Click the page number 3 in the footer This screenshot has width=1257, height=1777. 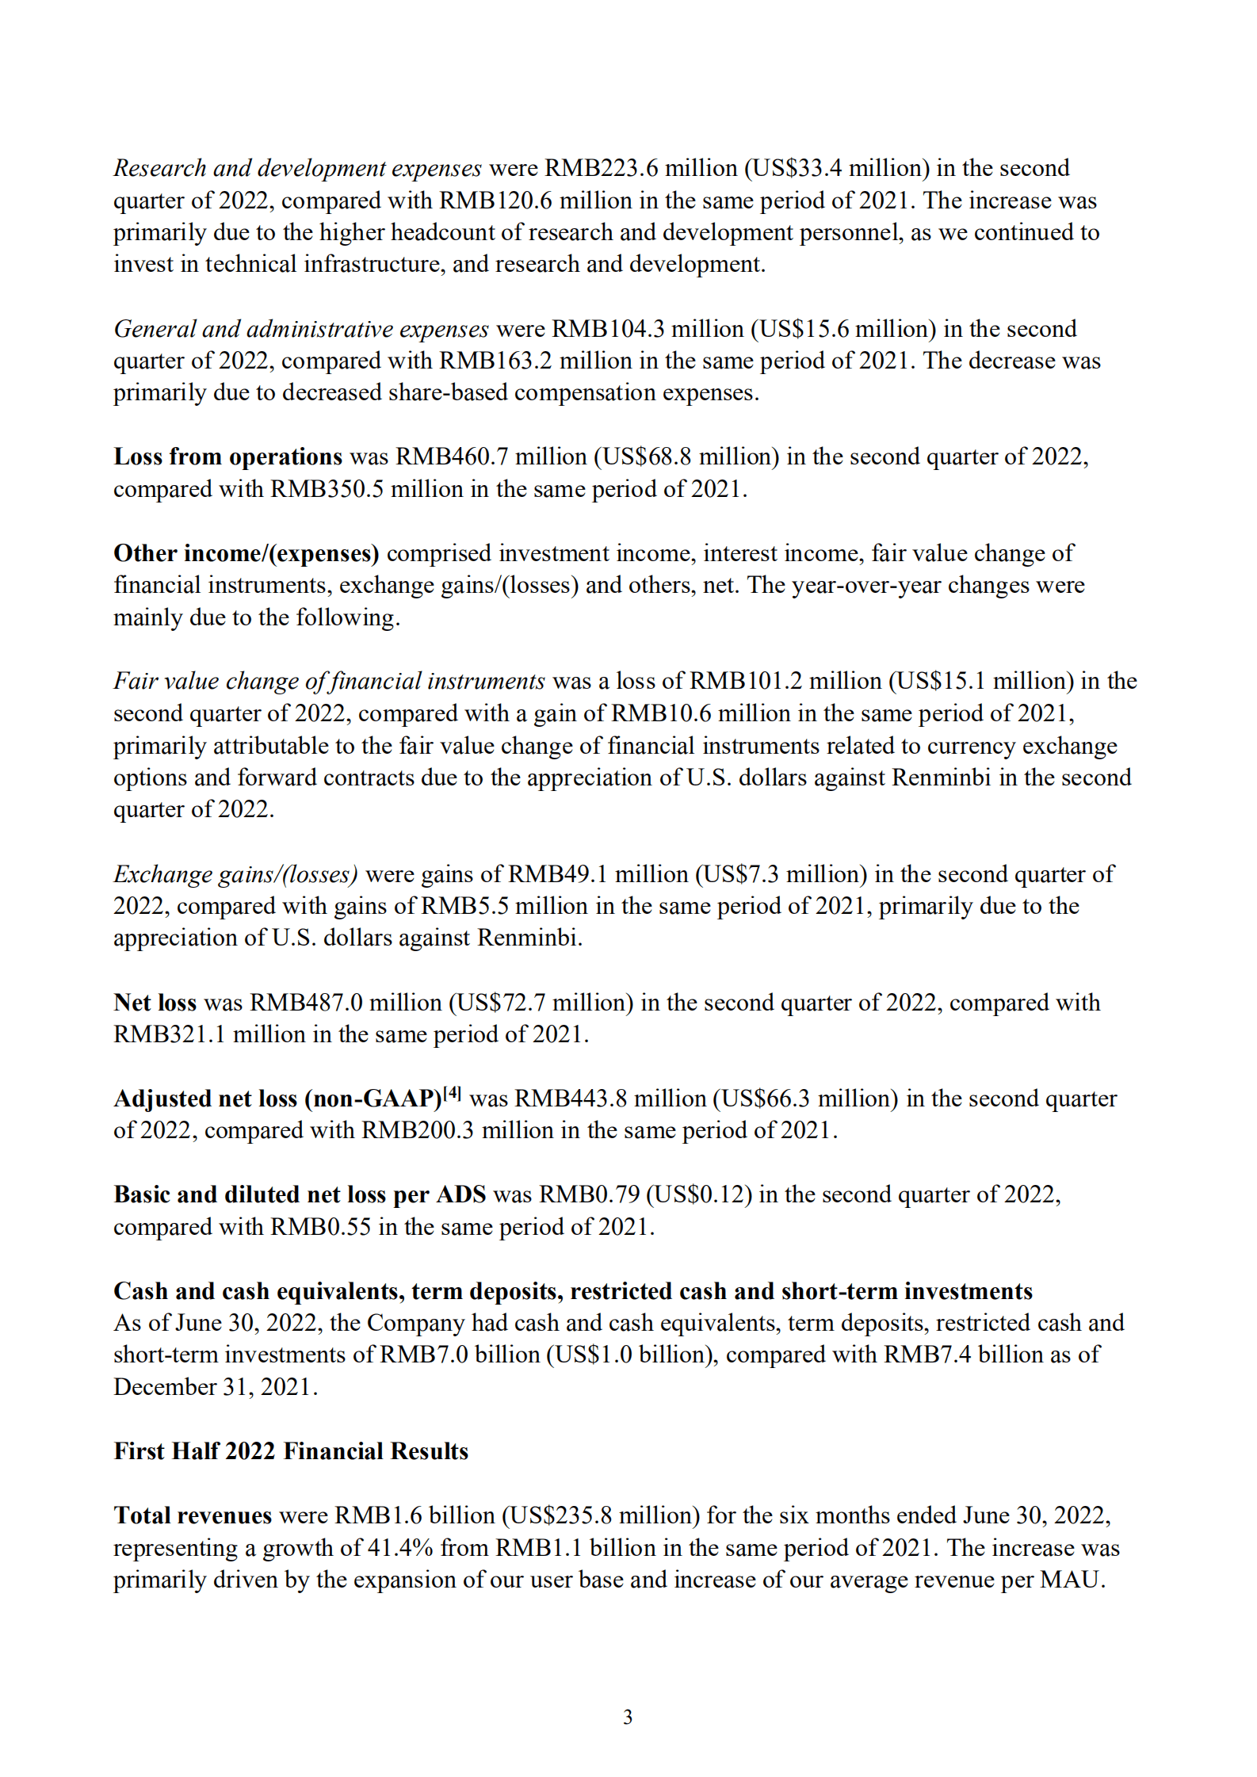pyautogui.click(x=628, y=1717)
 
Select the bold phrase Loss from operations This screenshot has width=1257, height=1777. pyautogui.click(x=227, y=457)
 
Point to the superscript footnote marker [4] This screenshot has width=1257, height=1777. pyautogui.click(x=453, y=1094)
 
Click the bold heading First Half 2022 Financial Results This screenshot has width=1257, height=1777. pyautogui.click(x=291, y=1451)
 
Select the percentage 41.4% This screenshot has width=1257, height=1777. pyautogui.click(x=400, y=1548)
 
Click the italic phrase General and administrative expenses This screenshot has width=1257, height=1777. pyautogui.click(x=301, y=329)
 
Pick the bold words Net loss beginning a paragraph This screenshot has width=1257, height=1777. pyautogui.click(x=155, y=1003)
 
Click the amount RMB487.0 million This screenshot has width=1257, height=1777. pyautogui.click(x=346, y=1003)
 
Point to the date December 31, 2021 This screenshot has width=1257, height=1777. pyautogui.click(x=214, y=1387)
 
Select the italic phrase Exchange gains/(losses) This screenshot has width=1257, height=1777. pyautogui.click(x=235, y=874)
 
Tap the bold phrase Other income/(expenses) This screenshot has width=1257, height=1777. pyautogui.click(x=246, y=553)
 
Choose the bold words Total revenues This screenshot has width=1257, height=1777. pyautogui.click(x=193, y=1515)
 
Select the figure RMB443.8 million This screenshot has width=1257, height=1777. pyautogui.click(x=609, y=1099)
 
